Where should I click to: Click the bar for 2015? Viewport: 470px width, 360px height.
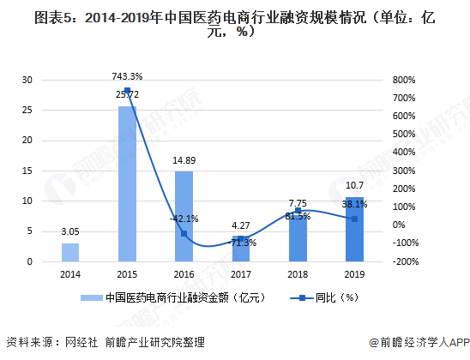pos(127,183)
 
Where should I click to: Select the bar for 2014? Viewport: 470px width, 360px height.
pos(70,252)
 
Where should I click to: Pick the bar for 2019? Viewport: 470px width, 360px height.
pos(353,229)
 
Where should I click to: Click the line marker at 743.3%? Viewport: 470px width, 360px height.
pos(127,91)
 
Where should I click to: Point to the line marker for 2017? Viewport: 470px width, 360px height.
pos(240,238)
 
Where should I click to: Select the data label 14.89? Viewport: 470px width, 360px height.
pos(184,160)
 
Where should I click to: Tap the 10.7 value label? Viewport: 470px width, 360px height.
pos(353,185)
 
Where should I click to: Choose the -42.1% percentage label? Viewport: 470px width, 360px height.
pos(184,218)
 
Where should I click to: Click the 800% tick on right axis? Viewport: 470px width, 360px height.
pos(402,80)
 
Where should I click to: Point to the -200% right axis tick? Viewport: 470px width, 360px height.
pos(402,261)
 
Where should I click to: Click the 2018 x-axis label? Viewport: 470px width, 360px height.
pos(297,274)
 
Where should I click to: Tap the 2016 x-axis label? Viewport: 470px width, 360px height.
pos(184,274)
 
